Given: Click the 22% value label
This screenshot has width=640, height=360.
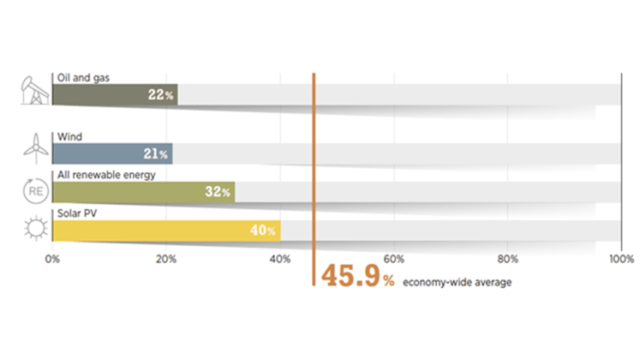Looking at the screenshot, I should (x=160, y=95).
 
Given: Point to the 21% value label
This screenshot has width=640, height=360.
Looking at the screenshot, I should (x=156, y=154).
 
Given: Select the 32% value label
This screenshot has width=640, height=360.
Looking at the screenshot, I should (x=217, y=192).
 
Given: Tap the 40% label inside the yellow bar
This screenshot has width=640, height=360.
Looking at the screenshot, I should (x=263, y=231).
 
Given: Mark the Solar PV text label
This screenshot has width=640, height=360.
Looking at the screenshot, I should (x=76, y=213).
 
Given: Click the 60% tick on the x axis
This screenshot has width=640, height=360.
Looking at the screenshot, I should (x=394, y=258).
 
